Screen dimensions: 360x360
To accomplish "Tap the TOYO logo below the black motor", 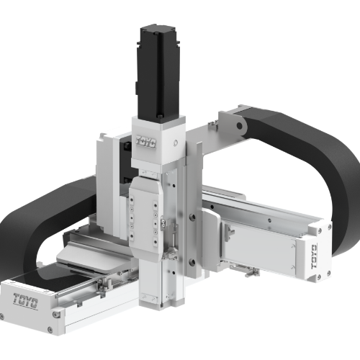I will coord(143,143).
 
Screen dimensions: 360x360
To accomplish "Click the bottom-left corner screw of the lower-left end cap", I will coord(9,315).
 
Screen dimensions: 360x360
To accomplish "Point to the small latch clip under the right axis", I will coord(253,273).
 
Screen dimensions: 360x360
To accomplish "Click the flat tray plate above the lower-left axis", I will coord(94,248).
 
